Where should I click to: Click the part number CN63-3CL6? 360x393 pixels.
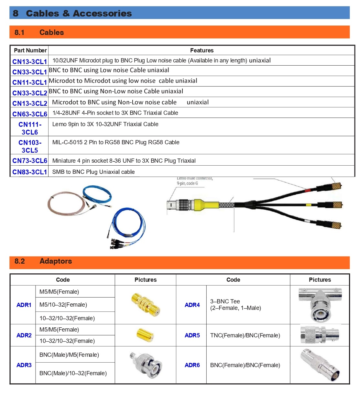[30, 114]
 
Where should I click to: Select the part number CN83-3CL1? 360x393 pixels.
[30, 172]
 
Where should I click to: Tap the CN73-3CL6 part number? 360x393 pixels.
[30, 161]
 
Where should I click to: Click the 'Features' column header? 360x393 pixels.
[202, 50]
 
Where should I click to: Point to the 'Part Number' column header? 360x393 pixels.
[30, 50]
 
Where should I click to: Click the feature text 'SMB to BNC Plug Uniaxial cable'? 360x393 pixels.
[93, 172]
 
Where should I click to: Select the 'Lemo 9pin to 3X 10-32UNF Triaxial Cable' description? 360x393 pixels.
[105, 124]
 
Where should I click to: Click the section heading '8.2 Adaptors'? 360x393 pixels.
[43, 261]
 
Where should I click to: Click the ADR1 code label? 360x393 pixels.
[24, 305]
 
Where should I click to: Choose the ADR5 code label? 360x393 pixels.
[192, 335]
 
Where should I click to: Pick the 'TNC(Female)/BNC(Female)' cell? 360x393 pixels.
[245, 335]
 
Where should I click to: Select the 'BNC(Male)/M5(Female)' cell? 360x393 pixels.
[69, 355]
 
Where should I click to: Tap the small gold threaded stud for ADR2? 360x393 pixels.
[145, 335]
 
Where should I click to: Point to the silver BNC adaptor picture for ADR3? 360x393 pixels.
[146, 365]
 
